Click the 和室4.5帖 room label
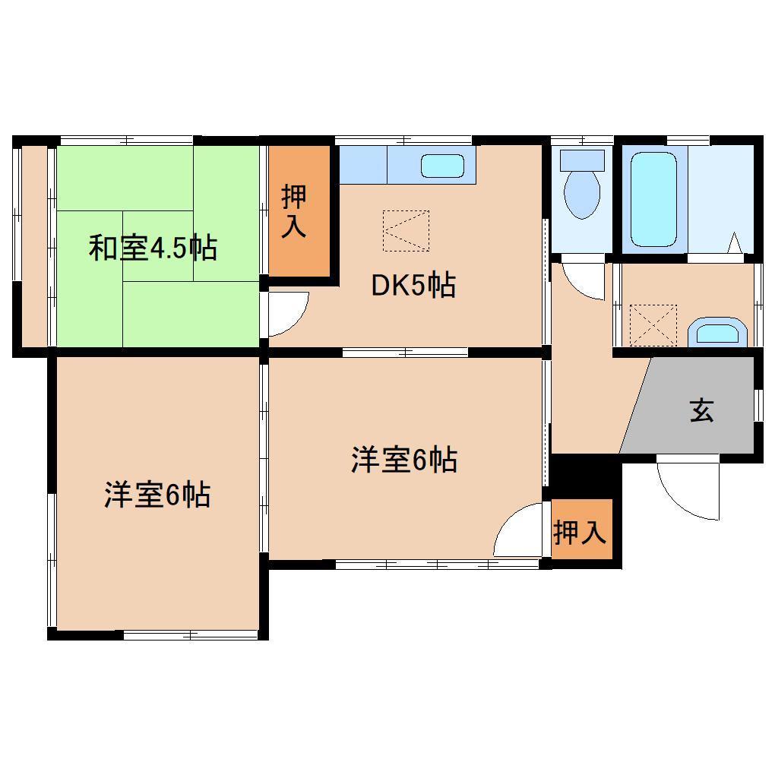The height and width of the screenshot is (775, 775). (153, 248)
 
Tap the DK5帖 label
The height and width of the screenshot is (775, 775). (413, 286)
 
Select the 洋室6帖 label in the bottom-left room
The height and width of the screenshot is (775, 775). (157, 495)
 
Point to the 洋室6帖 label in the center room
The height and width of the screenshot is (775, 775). (403, 460)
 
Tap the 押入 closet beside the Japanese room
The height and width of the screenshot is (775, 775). (296, 210)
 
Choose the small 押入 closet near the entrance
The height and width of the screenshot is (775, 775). (580, 533)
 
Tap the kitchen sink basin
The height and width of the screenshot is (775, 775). (442, 166)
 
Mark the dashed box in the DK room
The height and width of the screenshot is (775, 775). (406, 230)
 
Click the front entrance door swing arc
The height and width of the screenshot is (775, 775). (688, 490)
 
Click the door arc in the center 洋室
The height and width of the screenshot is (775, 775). (520, 532)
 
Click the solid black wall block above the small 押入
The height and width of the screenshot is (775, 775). (584, 476)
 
